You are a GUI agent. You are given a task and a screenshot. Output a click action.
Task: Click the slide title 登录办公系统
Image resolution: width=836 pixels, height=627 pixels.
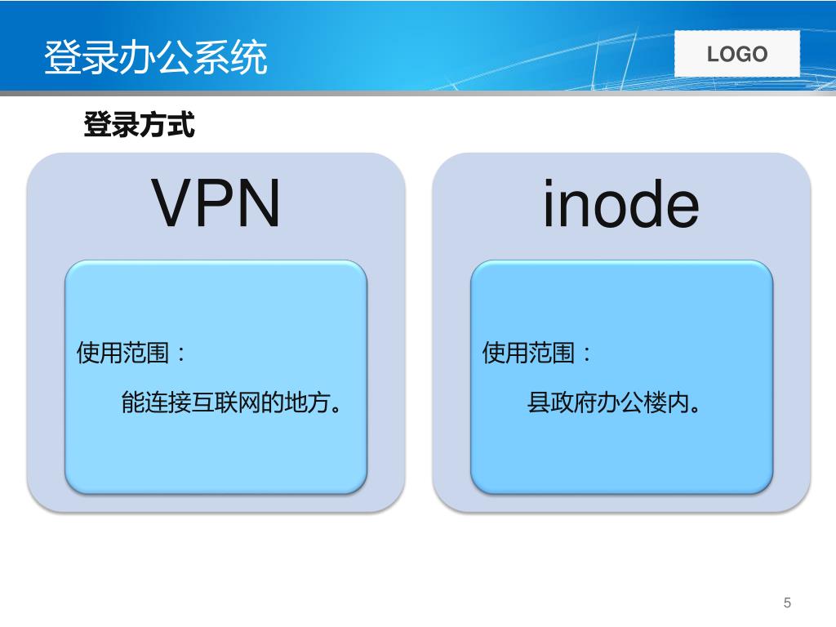pyautogui.click(x=155, y=57)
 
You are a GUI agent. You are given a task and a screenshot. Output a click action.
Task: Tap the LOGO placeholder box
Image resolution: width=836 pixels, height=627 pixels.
pyautogui.click(x=737, y=55)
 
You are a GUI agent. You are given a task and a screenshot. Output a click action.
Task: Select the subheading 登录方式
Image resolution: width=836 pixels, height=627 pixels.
pyautogui.click(x=139, y=125)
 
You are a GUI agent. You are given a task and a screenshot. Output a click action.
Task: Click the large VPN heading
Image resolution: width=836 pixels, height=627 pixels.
pyautogui.click(x=216, y=203)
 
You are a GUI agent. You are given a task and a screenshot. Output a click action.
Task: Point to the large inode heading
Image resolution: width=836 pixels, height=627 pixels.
pyautogui.click(x=621, y=203)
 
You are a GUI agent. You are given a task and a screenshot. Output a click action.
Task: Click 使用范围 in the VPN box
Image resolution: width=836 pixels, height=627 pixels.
pyautogui.click(x=123, y=354)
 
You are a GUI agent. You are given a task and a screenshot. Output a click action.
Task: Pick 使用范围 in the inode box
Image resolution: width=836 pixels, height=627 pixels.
pyautogui.click(x=529, y=354)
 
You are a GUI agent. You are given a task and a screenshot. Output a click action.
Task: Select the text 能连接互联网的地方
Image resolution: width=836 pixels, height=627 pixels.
pyautogui.click(x=229, y=402)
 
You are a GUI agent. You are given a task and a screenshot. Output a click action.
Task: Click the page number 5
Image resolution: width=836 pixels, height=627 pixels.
pyautogui.click(x=787, y=603)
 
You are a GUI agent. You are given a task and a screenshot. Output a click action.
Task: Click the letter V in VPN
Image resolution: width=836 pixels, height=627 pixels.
pyautogui.click(x=173, y=203)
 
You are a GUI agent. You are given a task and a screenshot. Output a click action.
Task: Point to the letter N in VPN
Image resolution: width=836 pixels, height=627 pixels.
pyautogui.click(x=257, y=203)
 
